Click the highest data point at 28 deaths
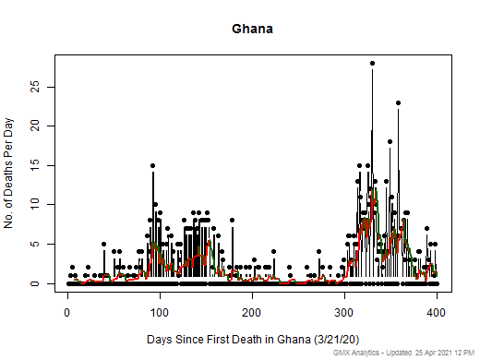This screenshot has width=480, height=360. pyautogui.click(x=372, y=63)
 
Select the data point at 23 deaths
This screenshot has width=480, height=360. pyautogui.click(x=398, y=102)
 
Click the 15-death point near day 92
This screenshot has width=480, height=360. pyautogui.click(x=152, y=165)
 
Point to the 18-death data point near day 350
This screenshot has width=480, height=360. pyautogui.click(x=390, y=142)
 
